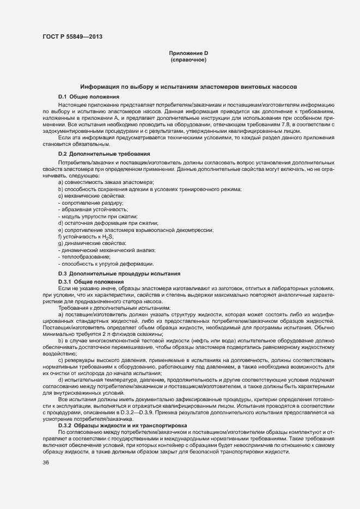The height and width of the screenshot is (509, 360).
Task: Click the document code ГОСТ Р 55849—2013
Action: tap(72, 37)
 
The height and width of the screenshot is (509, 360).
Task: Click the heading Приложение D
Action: tap(188, 53)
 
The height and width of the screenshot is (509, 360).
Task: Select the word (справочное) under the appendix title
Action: tap(188, 59)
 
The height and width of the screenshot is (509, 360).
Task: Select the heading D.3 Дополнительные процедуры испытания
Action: tap(119, 273)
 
